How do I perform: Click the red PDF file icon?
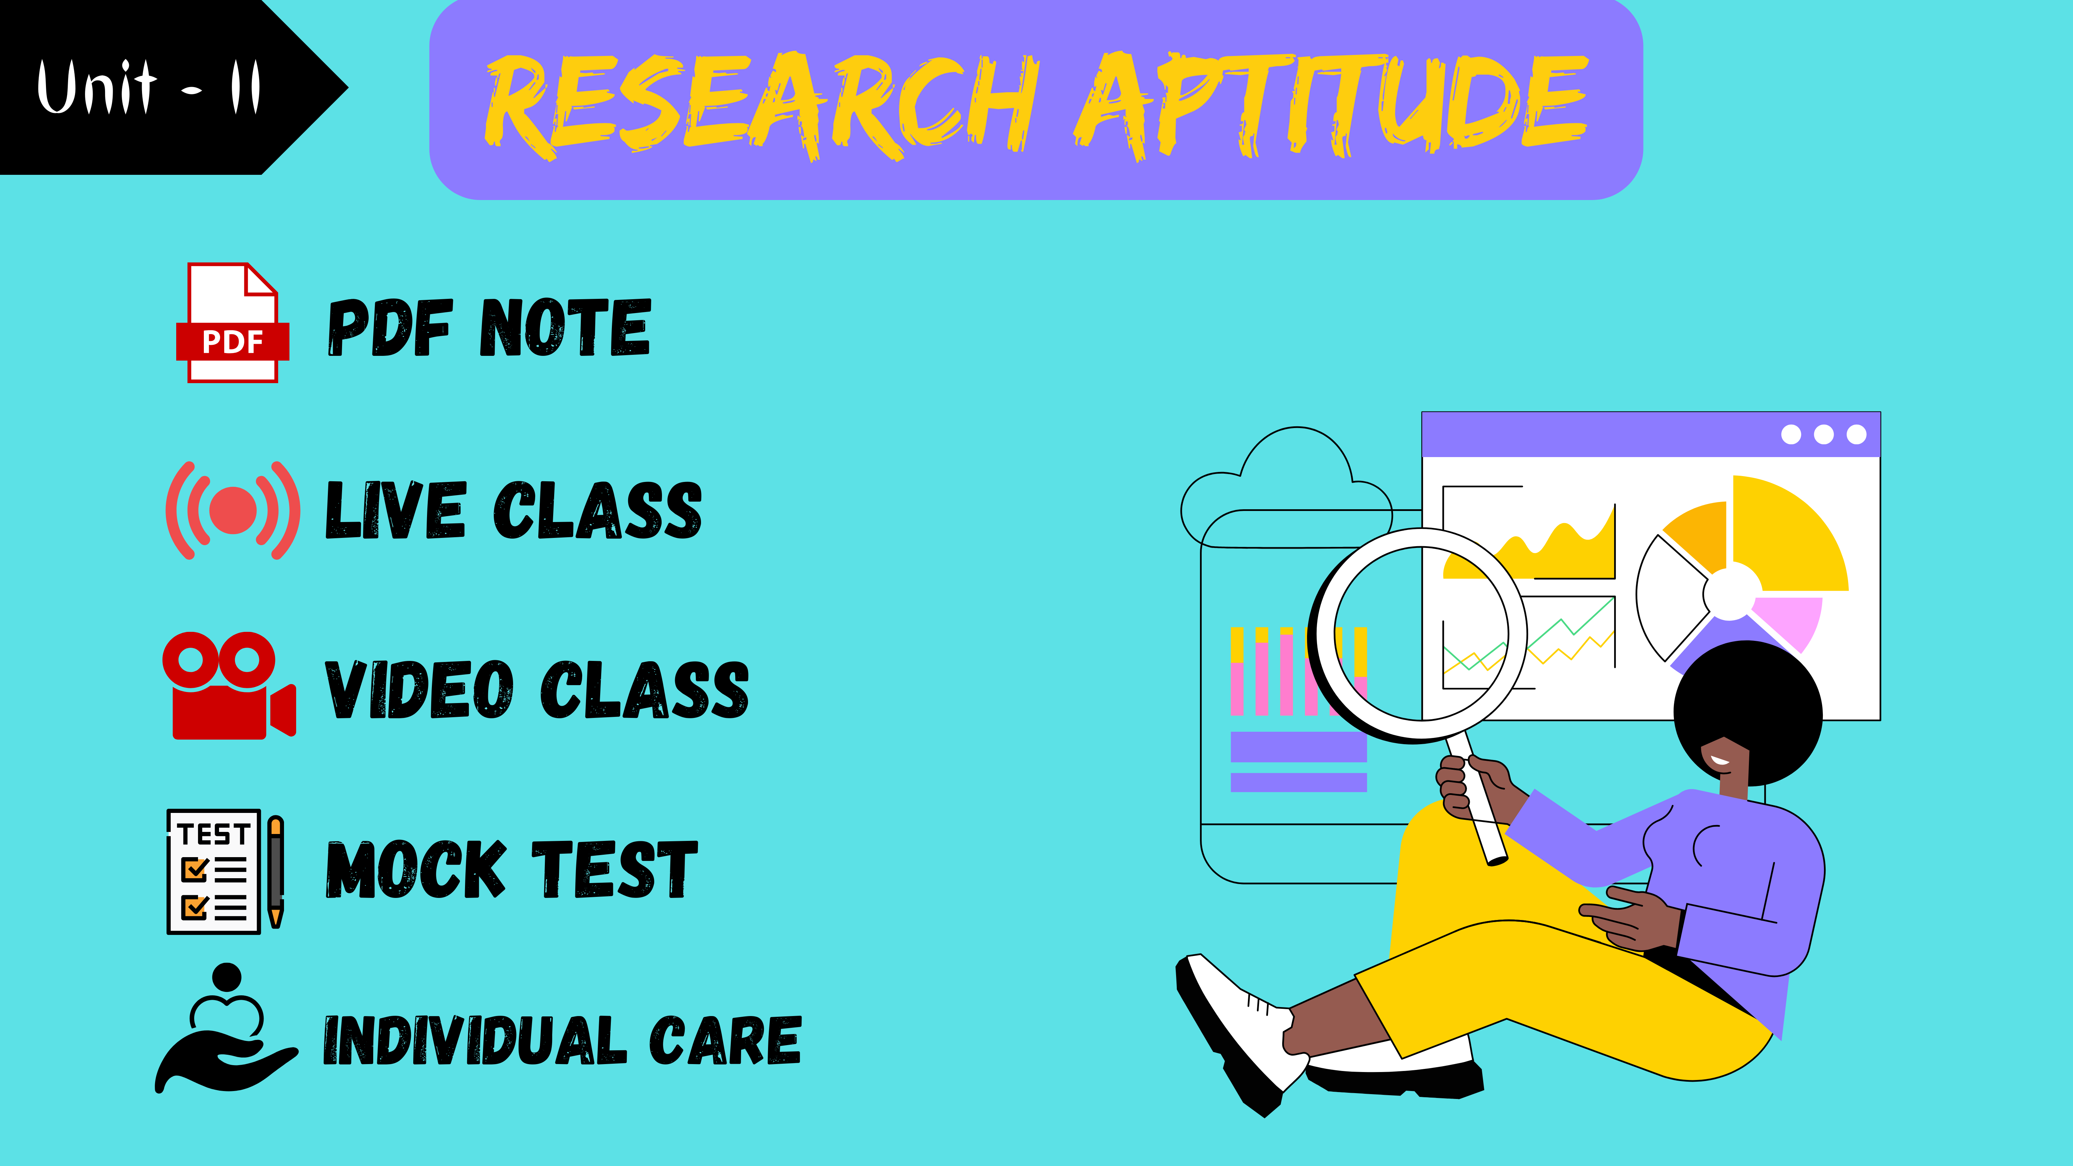[233, 323]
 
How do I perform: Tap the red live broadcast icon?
[233, 510]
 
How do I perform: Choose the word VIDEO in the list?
[419, 690]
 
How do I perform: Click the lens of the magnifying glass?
[1421, 633]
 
